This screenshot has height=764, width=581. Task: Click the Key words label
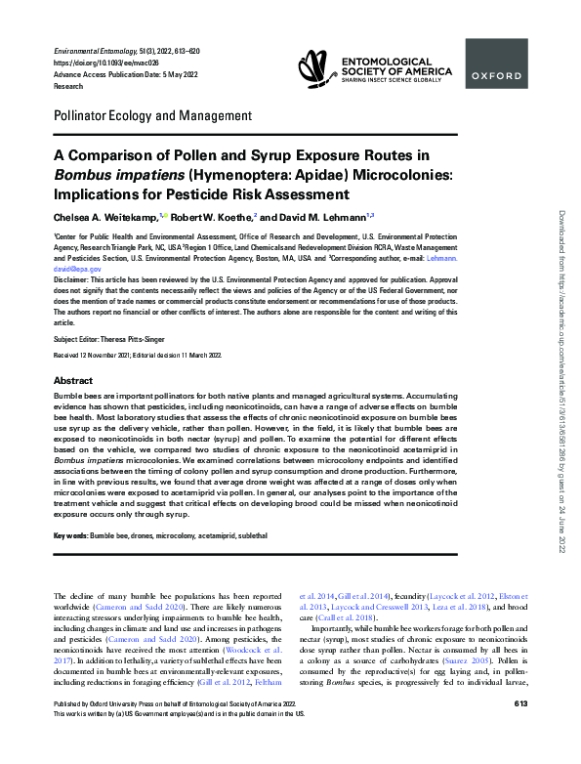[x=70, y=537]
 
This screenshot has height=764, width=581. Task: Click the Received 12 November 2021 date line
[x=98, y=356]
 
